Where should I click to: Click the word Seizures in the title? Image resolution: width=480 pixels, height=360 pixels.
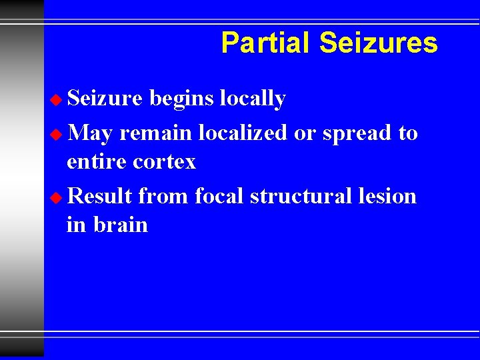point(378,43)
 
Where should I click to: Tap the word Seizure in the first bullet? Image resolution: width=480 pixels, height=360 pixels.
point(105,99)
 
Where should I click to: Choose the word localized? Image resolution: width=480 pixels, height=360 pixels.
point(242,133)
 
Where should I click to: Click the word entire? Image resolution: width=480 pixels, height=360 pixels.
point(97,161)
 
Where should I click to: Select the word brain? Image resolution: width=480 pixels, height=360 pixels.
point(121,225)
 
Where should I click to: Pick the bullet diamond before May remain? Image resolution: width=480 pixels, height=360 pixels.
point(57,134)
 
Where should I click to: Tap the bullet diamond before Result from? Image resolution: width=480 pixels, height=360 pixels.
point(57,197)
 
